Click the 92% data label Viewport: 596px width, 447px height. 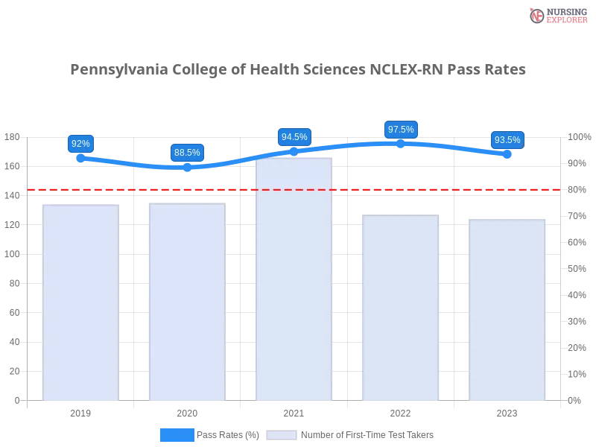pos(80,143)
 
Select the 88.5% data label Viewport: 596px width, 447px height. pos(187,153)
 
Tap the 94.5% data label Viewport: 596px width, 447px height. pos(294,137)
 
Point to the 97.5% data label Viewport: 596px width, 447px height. pos(401,129)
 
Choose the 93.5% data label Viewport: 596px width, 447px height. pos(507,140)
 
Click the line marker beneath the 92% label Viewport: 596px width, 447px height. pos(80,158)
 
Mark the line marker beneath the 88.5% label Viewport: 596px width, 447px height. pos(187,168)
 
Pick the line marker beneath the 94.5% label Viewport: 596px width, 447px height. pos(294,151)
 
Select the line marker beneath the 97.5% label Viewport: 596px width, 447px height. pos(401,143)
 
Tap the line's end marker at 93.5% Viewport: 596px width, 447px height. pos(507,154)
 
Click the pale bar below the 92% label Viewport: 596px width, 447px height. pos(80,302)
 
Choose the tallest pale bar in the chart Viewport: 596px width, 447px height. pos(294,279)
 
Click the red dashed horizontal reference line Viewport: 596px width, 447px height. pos(417,188)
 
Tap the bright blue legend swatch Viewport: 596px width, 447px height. pos(177,434)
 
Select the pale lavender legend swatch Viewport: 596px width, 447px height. pos(282,434)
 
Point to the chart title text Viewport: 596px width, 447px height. pos(298,69)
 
